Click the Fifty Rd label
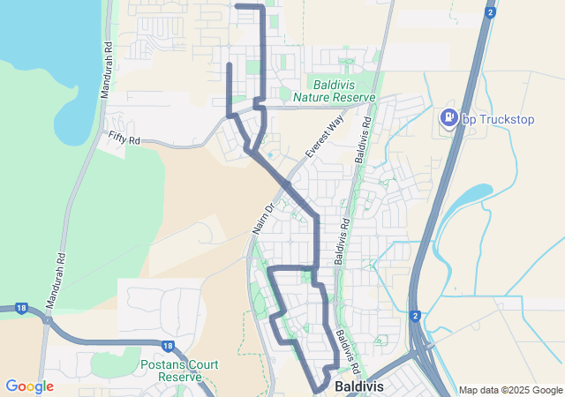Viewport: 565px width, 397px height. [x=124, y=139]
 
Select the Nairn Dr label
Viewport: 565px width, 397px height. [x=263, y=217]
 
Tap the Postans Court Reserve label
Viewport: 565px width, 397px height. [x=175, y=371]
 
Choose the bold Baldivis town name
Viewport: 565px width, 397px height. [x=358, y=387]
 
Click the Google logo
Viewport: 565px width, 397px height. [x=29, y=386]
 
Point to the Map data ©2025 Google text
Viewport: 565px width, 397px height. [x=510, y=390]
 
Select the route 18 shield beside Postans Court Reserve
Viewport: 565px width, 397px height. [x=169, y=346]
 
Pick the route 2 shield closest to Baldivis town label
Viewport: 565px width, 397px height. [x=414, y=315]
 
